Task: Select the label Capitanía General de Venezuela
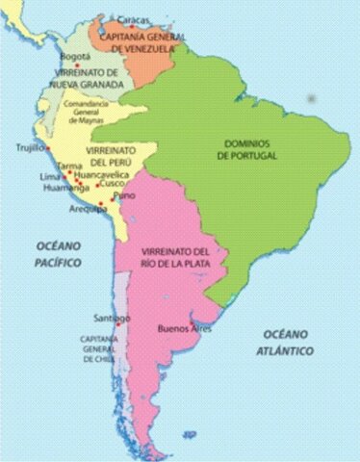click(136, 39)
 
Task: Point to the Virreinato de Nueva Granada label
click(89, 79)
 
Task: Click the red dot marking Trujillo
click(47, 148)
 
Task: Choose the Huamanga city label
click(64, 188)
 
